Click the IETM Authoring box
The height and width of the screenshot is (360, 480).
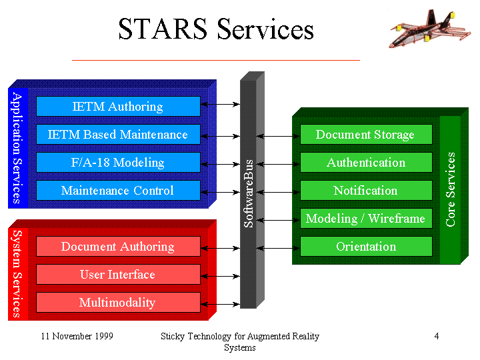tap(118, 106)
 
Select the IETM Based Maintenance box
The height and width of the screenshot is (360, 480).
tap(118, 134)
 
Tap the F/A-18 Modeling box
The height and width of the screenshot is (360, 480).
tap(118, 162)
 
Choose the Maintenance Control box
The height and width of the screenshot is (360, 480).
tap(118, 190)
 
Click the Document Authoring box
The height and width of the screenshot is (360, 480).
tap(118, 246)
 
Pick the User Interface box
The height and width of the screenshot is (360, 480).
tap(118, 274)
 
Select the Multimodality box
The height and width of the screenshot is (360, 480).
tap(118, 302)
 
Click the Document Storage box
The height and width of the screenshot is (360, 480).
tap(366, 134)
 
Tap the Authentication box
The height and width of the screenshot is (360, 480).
tap(366, 162)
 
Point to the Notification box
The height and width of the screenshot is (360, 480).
tap(366, 190)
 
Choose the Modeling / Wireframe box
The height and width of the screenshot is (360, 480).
tap(366, 218)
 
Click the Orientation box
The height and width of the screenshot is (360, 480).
tap(366, 246)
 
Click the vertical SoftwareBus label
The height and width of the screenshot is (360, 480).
tap(249, 193)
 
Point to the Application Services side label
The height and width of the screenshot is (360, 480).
tap(17, 148)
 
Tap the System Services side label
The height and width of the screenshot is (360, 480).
tap(17, 274)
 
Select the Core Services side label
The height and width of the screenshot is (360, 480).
tap(450, 189)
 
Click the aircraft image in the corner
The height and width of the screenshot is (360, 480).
tap(430, 29)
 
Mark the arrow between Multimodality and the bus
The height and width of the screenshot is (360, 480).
tap(220, 304)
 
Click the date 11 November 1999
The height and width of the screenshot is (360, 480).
tap(77, 336)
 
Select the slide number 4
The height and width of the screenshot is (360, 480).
tap(437, 336)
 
